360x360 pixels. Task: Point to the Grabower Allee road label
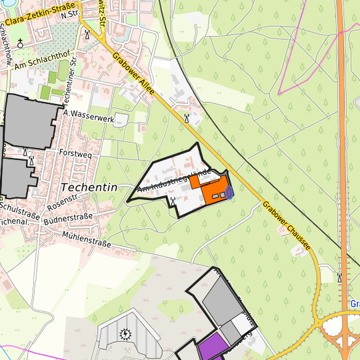134,76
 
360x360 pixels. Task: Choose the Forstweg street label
75,152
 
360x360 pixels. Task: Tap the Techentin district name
89,187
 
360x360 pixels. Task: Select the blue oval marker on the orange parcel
229,193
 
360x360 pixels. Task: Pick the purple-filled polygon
212,347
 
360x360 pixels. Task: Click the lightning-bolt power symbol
125,334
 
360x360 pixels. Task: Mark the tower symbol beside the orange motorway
339,277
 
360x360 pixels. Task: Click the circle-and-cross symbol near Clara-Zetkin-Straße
20,44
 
